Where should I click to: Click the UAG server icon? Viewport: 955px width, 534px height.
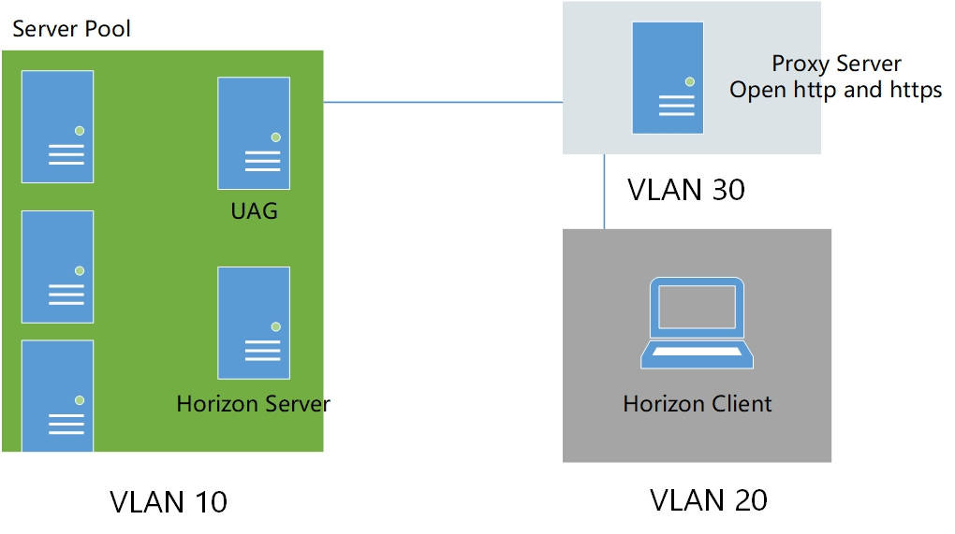254,133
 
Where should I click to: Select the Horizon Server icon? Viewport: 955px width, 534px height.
254,323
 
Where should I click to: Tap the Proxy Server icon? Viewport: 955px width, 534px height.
668,78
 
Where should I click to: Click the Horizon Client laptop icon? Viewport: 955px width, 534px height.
698,323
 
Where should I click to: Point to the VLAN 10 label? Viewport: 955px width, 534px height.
169,501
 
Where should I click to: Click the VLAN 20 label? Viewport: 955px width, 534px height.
709,499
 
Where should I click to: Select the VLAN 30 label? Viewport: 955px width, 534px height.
686,190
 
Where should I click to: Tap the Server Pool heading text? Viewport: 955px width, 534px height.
71,29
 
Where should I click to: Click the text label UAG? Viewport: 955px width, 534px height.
254,210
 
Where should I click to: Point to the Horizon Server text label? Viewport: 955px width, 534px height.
253,404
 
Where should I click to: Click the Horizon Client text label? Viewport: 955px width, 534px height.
698,404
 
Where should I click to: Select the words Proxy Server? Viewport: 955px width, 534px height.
836,64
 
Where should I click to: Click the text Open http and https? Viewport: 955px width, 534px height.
836,90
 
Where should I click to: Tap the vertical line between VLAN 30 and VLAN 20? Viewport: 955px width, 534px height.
605,192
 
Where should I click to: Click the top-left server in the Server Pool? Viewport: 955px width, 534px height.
58,126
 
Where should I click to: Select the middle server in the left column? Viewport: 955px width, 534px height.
58,267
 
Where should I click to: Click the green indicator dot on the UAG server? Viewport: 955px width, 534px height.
276,137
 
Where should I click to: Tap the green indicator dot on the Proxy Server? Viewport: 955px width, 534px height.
690,82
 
